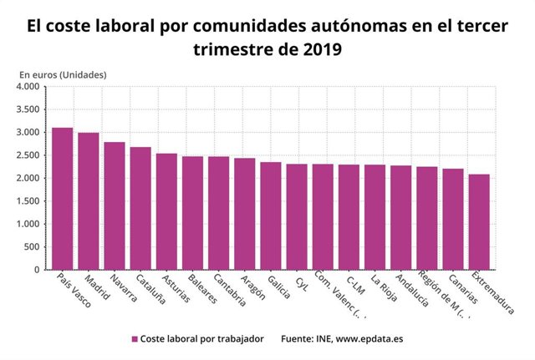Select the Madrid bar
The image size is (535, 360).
point(89,201)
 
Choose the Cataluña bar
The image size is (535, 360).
point(140,208)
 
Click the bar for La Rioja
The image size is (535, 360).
point(375,217)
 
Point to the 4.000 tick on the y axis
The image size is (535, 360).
point(28,86)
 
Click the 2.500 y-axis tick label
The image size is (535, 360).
point(28,155)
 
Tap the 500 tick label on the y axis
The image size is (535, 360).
point(32,247)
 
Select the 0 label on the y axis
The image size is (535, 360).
point(37,270)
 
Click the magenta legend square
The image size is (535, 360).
point(134,339)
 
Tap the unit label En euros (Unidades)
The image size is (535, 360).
point(62,75)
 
